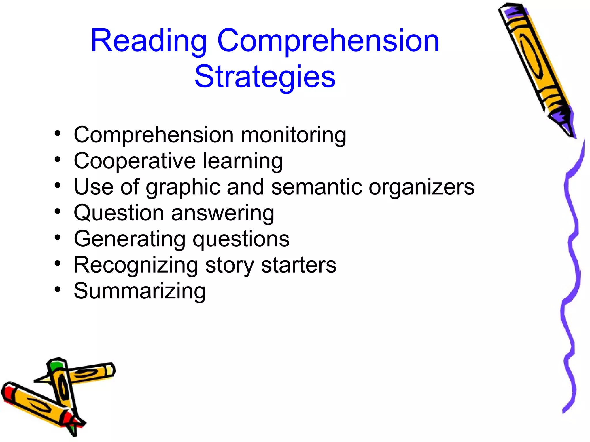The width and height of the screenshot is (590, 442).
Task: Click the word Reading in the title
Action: click(x=149, y=42)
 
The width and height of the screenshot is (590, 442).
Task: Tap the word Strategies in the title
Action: click(x=265, y=77)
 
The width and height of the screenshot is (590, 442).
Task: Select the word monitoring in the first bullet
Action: click(x=293, y=135)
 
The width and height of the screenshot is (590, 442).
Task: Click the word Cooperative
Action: click(x=135, y=161)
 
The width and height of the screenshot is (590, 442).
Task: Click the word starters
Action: click(x=298, y=265)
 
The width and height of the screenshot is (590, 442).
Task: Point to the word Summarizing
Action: click(x=140, y=291)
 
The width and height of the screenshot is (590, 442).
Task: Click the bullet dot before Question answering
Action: click(x=58, y=212)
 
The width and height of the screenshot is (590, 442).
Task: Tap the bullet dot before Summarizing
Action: click(x=58, y=289)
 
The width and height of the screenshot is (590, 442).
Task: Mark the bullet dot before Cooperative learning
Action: click(x=58, y=159)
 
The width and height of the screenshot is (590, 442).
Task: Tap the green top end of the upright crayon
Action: click(x=56, y=365)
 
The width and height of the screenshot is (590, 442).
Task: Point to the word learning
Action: click(x=243, y=161)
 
